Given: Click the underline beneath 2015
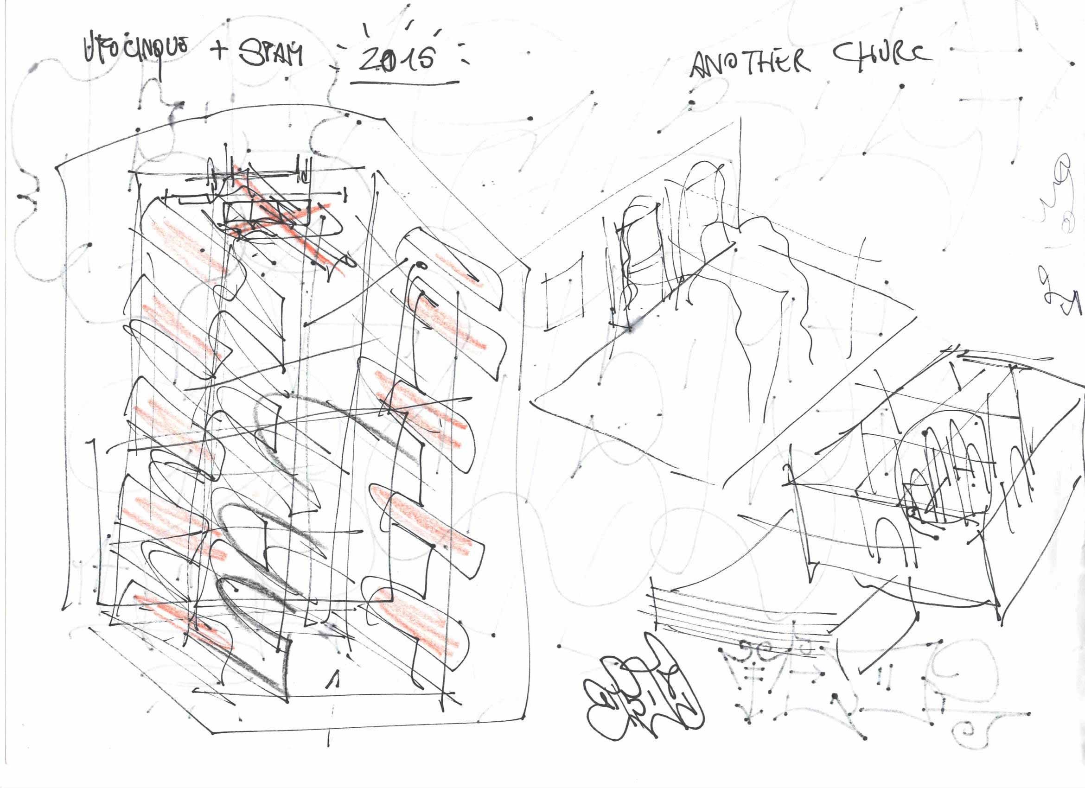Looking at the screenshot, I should (x=404, y=82).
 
